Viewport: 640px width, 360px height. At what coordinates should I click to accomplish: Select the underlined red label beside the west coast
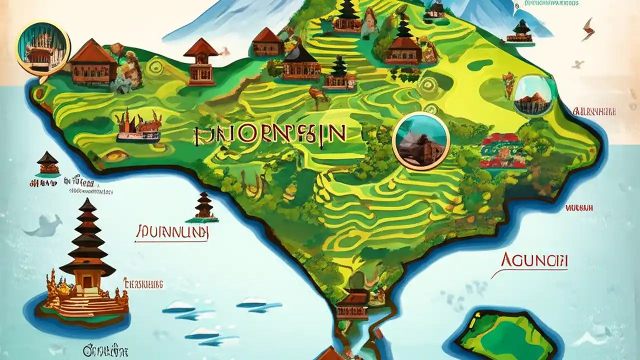tap(172, 232)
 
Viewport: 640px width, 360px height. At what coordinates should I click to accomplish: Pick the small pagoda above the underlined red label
tap(204, 206)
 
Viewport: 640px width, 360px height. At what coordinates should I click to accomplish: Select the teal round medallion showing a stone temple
tap(421, 141)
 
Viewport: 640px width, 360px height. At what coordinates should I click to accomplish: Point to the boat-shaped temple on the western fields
tap(138, 126)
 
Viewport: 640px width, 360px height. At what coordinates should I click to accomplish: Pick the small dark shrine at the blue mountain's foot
tap(521, 32)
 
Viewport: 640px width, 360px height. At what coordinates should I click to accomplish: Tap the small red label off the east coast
tap(579, 207)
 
